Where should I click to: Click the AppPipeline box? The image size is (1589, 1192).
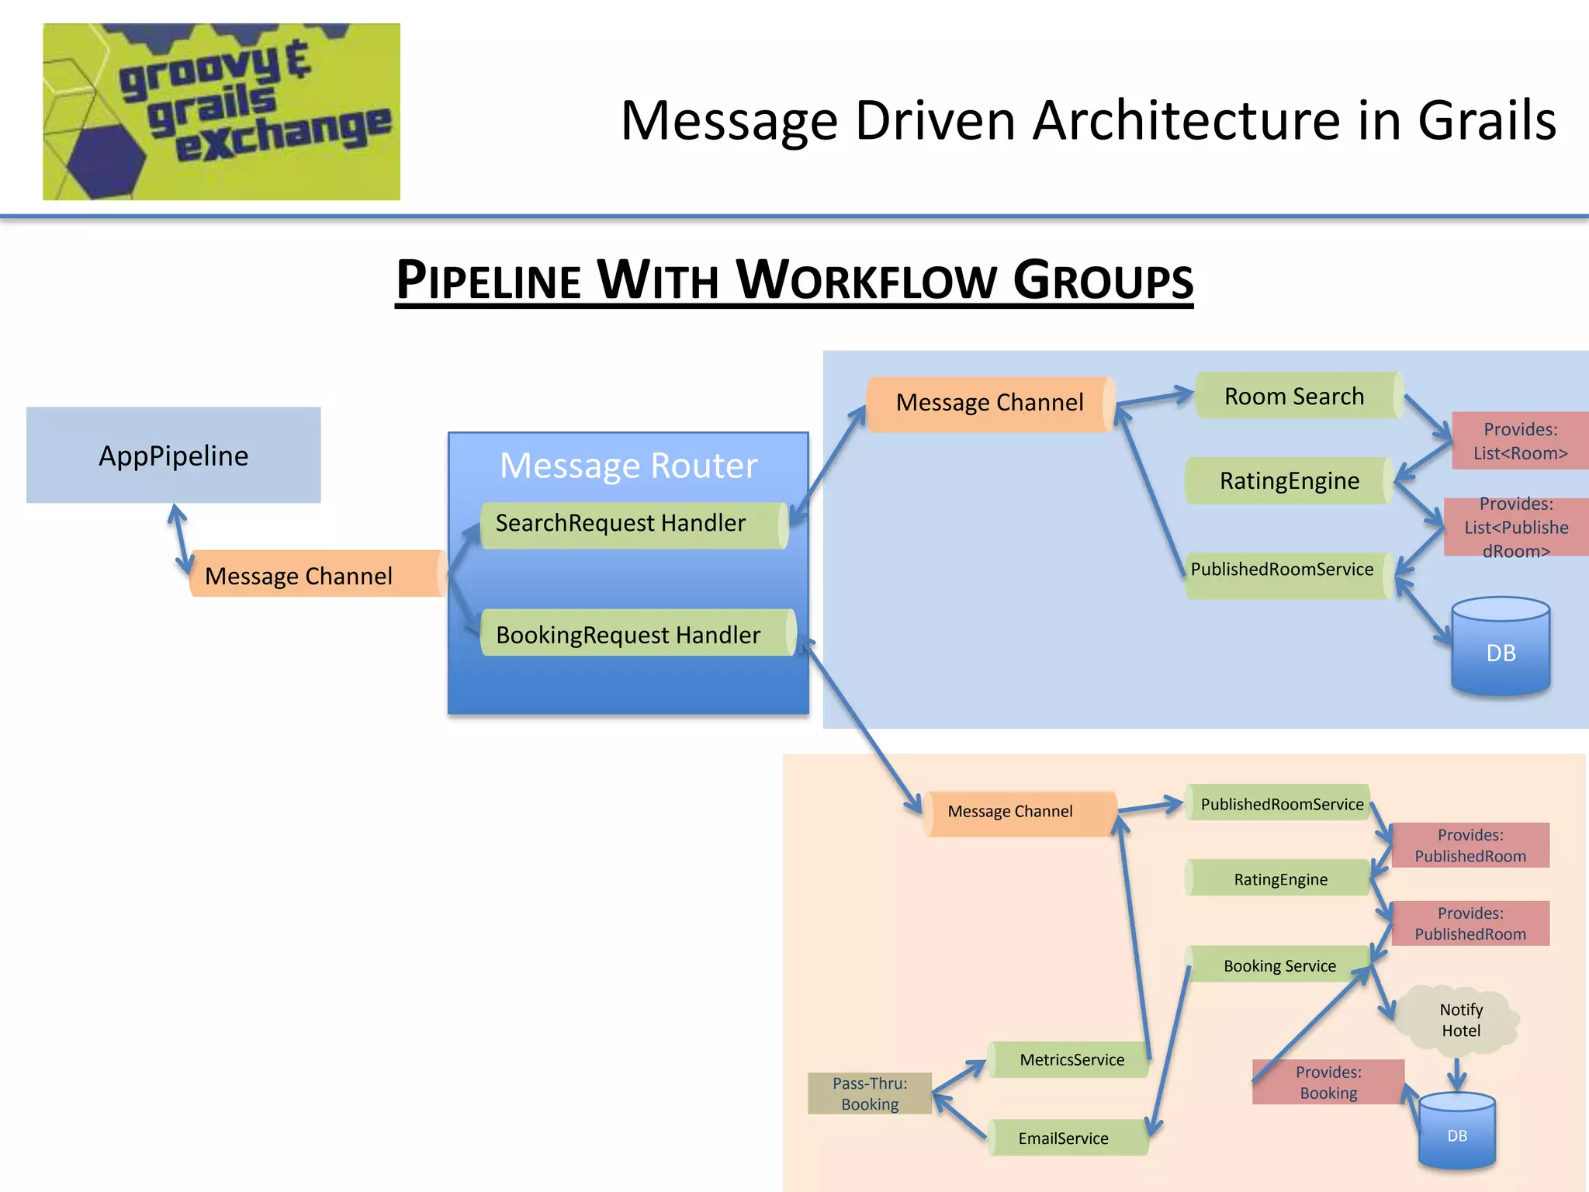pos(173,456)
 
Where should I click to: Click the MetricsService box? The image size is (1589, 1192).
pos(1071,1059)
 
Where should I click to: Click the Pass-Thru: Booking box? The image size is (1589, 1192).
pos(870,1093)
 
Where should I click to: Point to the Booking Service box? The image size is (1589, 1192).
pos(1280,965)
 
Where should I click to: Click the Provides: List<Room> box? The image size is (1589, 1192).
pos(1519,441)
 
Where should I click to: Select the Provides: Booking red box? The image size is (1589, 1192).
pos(1328,1083)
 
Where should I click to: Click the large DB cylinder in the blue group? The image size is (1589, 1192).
pos(1500,648)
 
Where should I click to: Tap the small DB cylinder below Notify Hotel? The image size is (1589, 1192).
pos(1456,1133)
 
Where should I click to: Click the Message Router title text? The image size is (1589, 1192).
pos(628,466)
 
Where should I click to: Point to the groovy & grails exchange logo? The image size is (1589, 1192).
pos(221,111)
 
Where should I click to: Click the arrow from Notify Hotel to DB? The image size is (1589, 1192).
pos(1456,1073)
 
